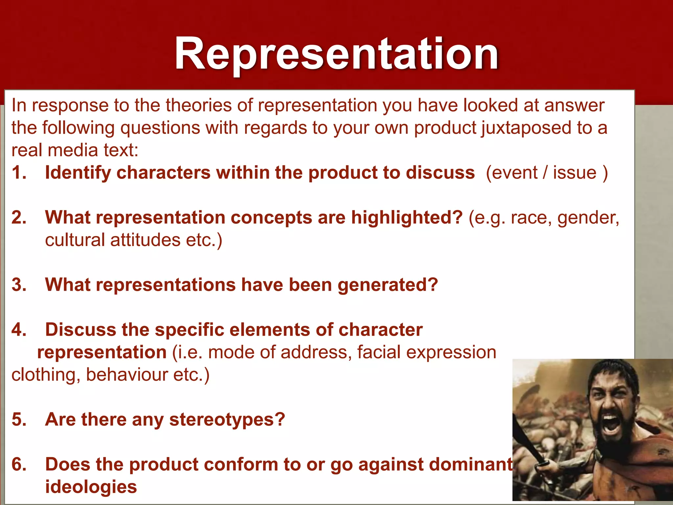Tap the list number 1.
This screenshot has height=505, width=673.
tap(19, 173)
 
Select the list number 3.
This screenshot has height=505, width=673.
tap(19, 285)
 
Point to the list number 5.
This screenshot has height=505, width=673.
tap(19, 420)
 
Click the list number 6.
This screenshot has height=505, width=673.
tap(19, 465)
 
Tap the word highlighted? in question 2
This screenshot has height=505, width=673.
tap(407, 218)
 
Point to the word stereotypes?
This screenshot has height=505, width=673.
tap(227, 420)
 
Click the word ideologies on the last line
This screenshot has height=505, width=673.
tap(91, 487)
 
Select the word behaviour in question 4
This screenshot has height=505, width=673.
tap(127, 375)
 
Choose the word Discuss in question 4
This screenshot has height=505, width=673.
tap(81, 330)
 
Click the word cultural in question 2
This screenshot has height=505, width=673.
tap(75, 240)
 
